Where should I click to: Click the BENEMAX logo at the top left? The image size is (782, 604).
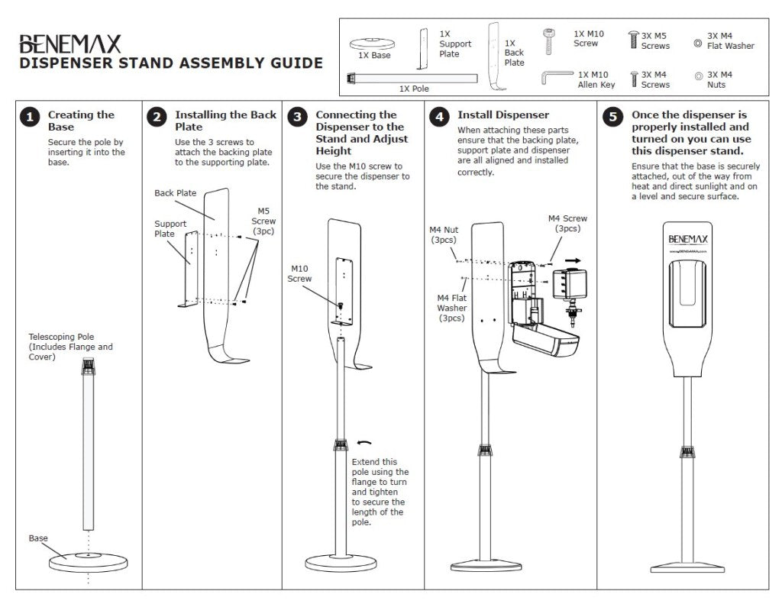(69, 43)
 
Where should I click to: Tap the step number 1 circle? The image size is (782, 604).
(30, 117)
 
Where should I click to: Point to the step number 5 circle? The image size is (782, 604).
(612, 117)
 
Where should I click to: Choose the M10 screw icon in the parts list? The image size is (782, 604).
(549, 41)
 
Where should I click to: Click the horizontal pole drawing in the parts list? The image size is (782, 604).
(416, 77)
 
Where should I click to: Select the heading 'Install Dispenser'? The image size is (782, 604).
(503, 115)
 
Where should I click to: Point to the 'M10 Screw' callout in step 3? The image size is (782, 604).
(299, 273)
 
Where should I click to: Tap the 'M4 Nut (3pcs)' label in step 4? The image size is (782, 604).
(443, 234)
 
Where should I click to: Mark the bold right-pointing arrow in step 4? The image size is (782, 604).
(574, 260)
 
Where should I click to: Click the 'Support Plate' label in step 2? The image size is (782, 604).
(170, 228)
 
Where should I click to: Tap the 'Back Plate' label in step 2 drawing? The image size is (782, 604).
(176, 193)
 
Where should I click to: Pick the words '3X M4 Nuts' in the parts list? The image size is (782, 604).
(719, 79)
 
